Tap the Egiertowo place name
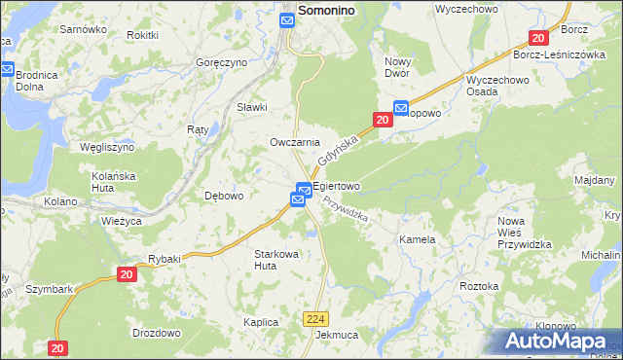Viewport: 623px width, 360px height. (x=337, y=186)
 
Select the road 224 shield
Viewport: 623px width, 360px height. (x=313, y=318)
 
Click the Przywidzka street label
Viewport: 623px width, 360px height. (x=345, y=207)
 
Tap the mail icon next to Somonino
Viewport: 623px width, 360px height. (x=288, y=19)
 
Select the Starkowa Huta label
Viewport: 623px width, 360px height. (x=276, y=259)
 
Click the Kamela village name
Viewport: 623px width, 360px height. (x=417, y=238)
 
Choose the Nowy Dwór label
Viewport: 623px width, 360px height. (x=405, y=67)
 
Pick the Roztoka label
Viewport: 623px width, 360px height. (x=479, y=286)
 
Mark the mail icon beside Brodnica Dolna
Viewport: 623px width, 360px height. (x=7, y=69)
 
